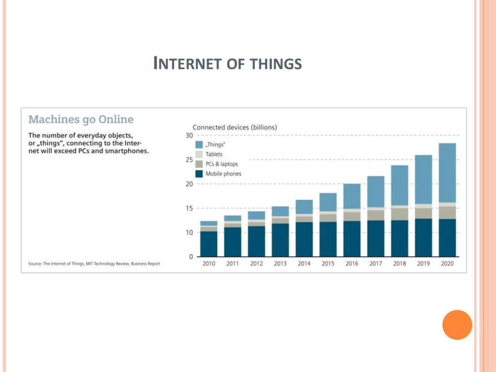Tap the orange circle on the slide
[x=457, y=325]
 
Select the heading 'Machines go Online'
[x=81, y=119]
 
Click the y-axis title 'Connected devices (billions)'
[x=235, y=127]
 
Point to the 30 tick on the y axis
[x=189, y=136]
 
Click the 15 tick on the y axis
[x=189, y=208]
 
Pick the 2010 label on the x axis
[x=209, y=264]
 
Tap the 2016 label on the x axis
[x=352, y=264]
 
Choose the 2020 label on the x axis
[x=447, y=264]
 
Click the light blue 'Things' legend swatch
[x=199, y=145]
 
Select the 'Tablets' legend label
[x=214, y=155]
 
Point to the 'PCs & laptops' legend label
[x=222, y=164]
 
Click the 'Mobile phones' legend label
[x=223, y=174]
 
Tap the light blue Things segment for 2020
[x=447, y=172]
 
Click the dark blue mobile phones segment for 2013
[x=280, y=240]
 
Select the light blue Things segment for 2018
[x=400, y=186]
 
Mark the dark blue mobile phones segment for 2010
[x=209, y=244]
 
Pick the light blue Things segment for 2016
[x=352, y=196]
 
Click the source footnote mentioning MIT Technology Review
[x=94, y=264]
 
